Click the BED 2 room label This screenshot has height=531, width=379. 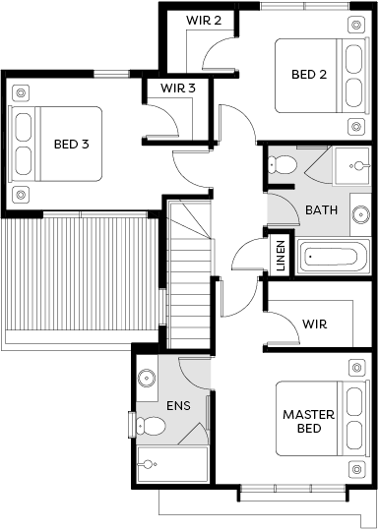(309, 74)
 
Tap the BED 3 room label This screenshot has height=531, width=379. (71, 144)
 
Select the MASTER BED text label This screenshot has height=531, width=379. (308, 421)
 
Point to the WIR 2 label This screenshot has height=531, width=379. (204, 21)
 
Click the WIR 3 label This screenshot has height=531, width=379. (178, 88)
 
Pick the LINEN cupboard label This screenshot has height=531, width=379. (281, 256)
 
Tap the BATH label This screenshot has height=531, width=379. (321, 210)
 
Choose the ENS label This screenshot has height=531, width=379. (178, 405)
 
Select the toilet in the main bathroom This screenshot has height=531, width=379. (283, 165)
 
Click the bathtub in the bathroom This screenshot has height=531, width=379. (331, 256)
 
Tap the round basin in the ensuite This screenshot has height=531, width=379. (147, 378)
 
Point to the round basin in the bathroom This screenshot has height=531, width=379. (360, 214)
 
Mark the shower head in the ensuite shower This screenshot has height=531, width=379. (150, 464)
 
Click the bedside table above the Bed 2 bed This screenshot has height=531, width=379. (356, 25)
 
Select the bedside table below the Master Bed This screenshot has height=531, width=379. (356, 469)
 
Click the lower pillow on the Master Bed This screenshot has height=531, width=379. (354, 436)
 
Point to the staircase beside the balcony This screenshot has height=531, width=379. (189, 273)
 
